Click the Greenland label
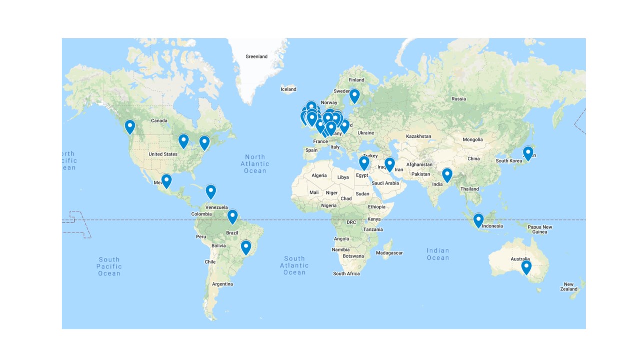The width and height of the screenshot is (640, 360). click(x=256, y=57)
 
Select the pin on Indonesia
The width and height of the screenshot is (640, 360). click(x=478, y=220)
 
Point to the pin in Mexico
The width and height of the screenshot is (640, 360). click(x=166, y=181)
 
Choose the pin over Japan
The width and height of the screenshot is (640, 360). click(x=528, y=153)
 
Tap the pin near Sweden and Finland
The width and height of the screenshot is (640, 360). click(x=354, y=96)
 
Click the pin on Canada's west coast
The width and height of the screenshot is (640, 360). click(x=130, y=127)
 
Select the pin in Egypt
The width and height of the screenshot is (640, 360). click(x=364, y=163)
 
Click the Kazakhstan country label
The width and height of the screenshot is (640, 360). click(x=418, y=136)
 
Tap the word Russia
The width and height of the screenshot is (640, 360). click(x=458, y=99)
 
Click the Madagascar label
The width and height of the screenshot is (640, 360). click(x=390, y=253)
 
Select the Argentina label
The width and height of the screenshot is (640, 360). click(x=222, y=284)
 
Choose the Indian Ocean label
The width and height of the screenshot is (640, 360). click(x=438, y=254)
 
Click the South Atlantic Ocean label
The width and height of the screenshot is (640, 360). click(x=294, y=265)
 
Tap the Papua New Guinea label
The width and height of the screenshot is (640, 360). click(x=540, y=229)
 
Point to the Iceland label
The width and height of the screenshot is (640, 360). click(x=288, y=90)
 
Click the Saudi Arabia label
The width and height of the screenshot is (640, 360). click(x=385, y=183)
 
